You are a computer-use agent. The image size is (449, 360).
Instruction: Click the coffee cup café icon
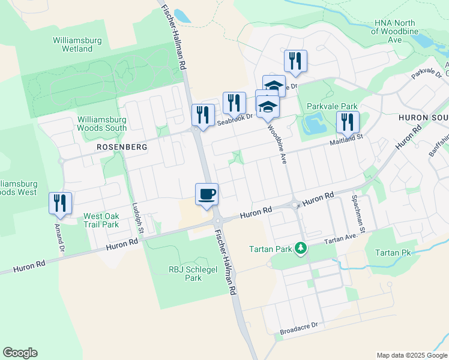206,194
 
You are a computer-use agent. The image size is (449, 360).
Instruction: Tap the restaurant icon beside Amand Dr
61,203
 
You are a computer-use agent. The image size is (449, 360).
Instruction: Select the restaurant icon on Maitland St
347,122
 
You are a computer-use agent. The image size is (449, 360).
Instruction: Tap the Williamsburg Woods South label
102,124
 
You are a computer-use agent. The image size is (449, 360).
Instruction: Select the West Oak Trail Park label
101,220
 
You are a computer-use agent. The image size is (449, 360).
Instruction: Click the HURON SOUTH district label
424,118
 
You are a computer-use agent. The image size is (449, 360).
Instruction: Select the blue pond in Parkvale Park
313,124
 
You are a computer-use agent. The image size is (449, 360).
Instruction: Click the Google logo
20,353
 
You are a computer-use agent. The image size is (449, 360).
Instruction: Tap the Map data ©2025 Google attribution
412,355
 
